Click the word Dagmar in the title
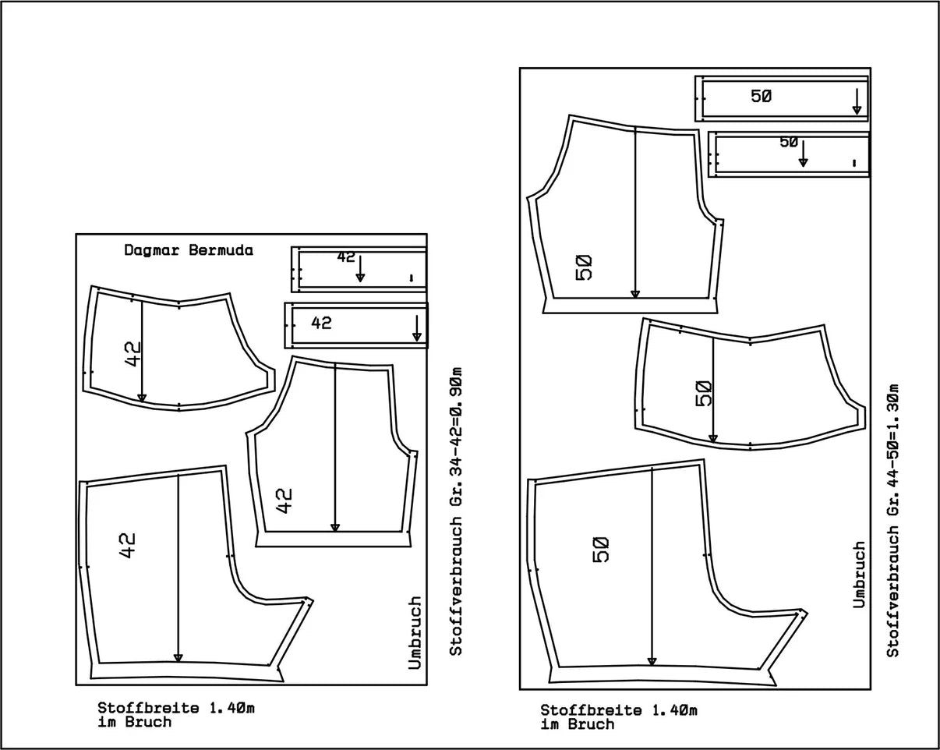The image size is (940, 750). pos(151,251)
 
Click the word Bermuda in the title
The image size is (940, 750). pos(221,250)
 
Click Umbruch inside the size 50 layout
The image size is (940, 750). pos(859,575)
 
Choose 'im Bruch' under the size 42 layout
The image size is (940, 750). pos(135,722)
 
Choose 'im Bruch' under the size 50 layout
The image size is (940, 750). pos(578,724)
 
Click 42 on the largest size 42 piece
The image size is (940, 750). pos(128,546)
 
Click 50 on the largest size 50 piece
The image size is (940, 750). pos(601,550)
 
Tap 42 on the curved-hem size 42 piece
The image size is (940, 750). pos(133,354)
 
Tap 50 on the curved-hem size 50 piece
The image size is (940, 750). pos(703,394)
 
